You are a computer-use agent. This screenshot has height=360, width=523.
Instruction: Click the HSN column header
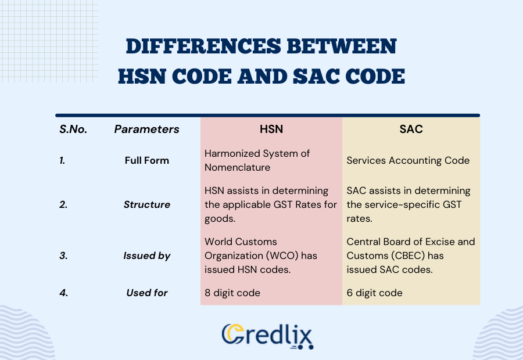point(271,129)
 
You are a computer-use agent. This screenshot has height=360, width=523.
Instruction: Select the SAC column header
point(411,129)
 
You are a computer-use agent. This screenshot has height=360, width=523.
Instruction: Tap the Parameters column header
point(146,129)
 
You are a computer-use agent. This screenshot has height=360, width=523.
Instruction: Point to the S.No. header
point(73,129)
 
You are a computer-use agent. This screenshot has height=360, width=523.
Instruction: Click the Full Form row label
point(147,160)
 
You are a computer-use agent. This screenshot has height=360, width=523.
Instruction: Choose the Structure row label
point(147,204)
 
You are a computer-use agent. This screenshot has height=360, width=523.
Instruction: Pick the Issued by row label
point(148,255)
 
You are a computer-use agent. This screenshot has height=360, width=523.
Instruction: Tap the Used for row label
point(147,293)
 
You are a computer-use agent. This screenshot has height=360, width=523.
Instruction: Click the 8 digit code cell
point(232,293)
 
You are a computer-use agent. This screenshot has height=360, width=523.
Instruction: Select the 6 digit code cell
point(374,293)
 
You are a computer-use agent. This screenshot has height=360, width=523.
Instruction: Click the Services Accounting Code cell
point(408,160)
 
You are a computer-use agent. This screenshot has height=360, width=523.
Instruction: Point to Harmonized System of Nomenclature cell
point(257,160)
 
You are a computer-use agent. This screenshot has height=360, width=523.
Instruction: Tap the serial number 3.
point(63,255)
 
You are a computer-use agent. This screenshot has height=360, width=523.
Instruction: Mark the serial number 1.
point(62,160)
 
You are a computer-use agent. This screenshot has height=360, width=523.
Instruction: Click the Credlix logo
point(268,336)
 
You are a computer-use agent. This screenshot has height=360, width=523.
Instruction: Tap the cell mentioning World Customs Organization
point(261,255)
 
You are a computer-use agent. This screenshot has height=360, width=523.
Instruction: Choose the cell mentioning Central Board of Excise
point(410,255)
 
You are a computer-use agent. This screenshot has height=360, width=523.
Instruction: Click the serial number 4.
point(63,293)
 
